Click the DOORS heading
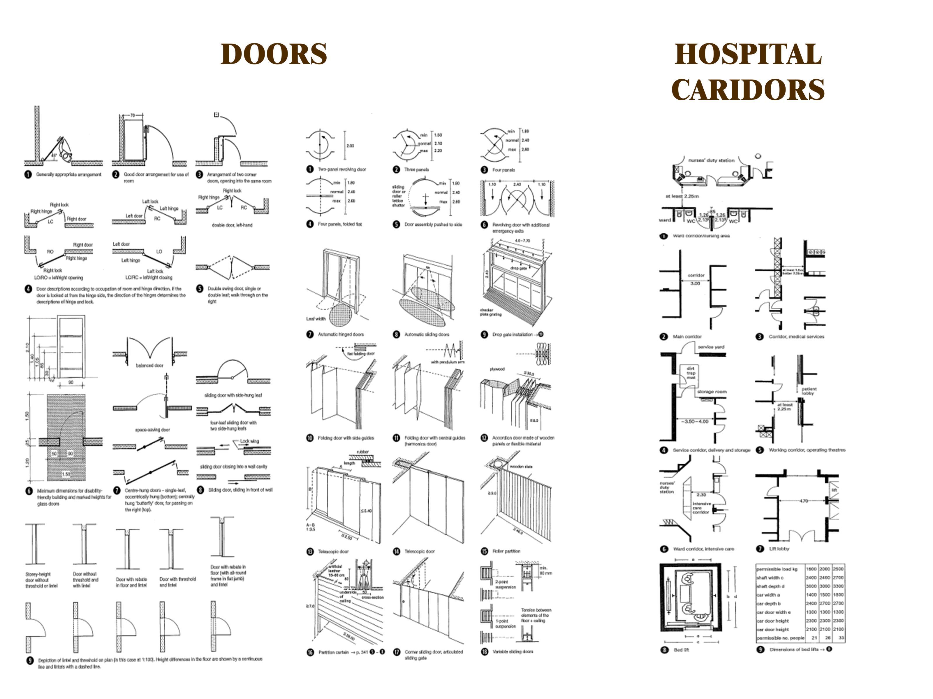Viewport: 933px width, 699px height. [x=274, y=54]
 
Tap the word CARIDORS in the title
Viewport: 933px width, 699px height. [x=748, y=90]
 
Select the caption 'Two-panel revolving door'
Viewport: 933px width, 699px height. [x=342, y=169]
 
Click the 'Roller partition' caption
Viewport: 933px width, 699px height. [x=506, y=551]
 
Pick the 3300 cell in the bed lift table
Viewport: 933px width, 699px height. [x=838, y=586]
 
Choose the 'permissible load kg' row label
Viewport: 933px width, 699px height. [x=777, y=569]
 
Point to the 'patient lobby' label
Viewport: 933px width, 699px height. [x=809, y=391]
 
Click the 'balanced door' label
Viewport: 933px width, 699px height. [x=149, y=365]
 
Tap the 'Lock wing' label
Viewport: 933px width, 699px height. [x=249, y=441]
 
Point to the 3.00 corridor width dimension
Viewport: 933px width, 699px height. [x=695, y=283]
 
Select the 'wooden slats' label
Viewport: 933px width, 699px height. [x=521, y=466]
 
